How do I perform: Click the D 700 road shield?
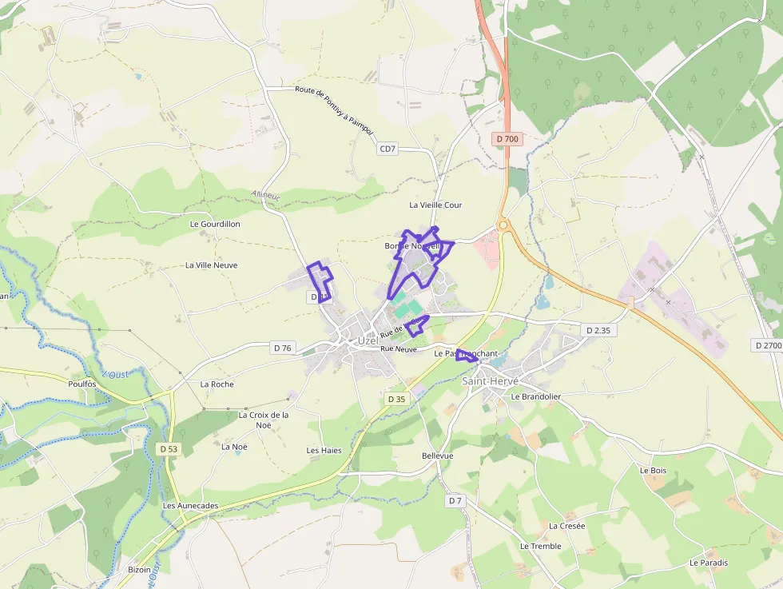click(507, 139)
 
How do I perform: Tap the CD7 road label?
click(388, 149)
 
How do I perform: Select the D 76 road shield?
click(283, 348)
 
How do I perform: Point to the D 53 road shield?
click(168, 449)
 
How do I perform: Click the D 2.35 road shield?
click(598, 330)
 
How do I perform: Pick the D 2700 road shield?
click(767, 345)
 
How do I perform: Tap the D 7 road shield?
click(455, 500)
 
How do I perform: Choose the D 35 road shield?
click(396, 399)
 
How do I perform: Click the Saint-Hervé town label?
click(491, 381)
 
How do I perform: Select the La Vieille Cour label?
click(435, 205)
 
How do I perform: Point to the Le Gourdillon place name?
click(215, 225)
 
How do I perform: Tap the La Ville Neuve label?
click(211, 265)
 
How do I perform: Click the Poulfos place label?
click(82, 384)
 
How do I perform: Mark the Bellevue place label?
click(437, 456)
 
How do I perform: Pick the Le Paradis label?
click(709, 563)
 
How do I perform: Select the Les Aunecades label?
click(190, 506)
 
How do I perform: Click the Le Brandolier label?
click(536, 396)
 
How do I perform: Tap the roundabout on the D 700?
click(504, 225)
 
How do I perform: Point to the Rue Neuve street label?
click(399, 349)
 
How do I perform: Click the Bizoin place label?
click(139, 570)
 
